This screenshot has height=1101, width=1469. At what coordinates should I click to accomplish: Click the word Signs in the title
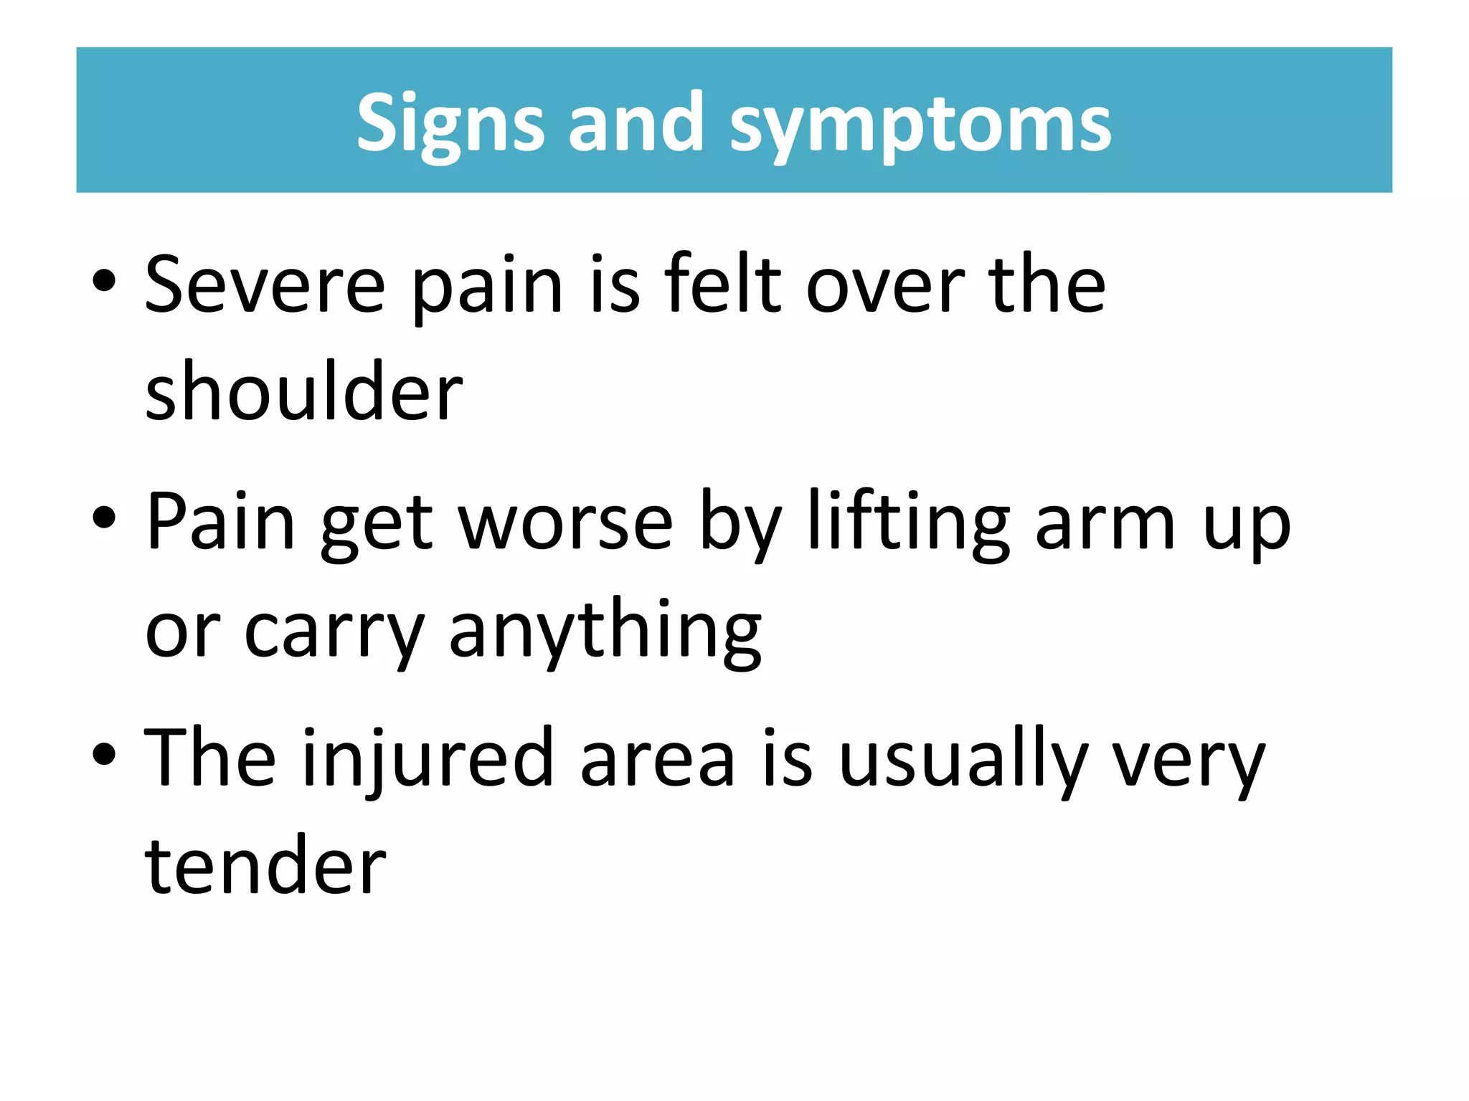click(x=450, y=124)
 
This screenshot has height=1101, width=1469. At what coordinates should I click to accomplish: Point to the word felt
click(x=722, y=284)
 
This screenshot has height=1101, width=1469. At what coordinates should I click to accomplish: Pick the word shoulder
click(x=304, y=391)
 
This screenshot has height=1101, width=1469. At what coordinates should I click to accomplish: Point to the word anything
click(x=605, y=631)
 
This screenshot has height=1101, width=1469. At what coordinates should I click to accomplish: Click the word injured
click(x=428, y=758)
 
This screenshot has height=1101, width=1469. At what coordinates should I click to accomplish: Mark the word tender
click(x=265, y=866)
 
